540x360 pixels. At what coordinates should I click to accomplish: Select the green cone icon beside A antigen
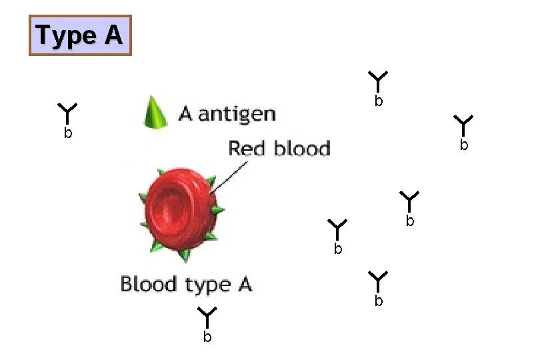click(155, 112)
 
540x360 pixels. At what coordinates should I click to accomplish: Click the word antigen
click(237, 114)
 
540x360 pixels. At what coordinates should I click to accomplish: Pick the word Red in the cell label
click(247, 148)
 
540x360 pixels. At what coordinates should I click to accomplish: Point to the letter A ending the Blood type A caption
click(243, 285)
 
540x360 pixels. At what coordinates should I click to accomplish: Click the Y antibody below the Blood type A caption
click(207, 315)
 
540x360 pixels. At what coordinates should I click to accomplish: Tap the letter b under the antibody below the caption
click(207, 337)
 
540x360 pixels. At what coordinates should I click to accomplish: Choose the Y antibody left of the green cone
click(68, 111)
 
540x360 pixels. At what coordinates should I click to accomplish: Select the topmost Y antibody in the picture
click(378, 80)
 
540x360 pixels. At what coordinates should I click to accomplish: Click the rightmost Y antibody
click(463, 123)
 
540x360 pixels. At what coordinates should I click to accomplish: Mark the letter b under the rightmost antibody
click(464, 145)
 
